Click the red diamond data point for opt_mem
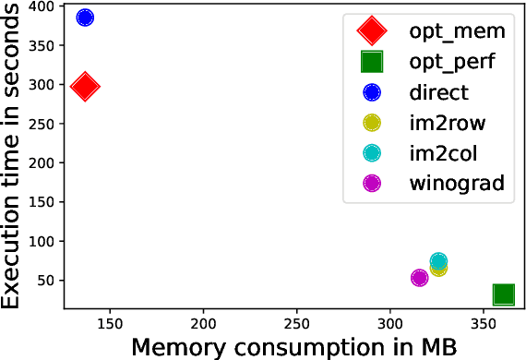coord(85,87)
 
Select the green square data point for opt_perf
coord(503,294)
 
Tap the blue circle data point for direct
coord(85,18)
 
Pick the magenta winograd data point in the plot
coord(419,277)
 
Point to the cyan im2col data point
coord(438,262)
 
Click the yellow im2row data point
coord(438,268)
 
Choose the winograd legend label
coord(459,183)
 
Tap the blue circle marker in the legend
coord(372,91)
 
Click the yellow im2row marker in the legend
coord(372,122)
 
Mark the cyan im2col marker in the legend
coord(372,152)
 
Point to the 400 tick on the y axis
coord(40,7)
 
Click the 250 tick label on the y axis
coord(40,124)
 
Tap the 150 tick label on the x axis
coord(110,324)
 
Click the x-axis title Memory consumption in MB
coord(294,347)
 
